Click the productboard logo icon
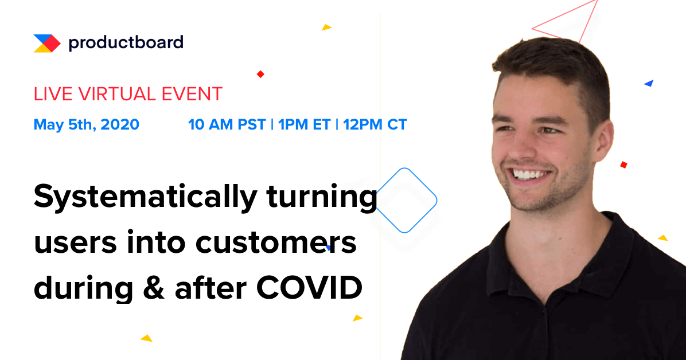46,43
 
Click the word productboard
126,42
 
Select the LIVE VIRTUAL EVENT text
128,94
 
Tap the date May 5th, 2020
86,124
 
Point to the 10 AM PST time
227,124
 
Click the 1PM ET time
303,124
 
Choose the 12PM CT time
375,124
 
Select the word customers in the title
276,243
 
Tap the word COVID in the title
309,288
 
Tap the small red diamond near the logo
260,74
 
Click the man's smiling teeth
531,173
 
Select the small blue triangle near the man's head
649,83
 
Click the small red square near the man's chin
623,165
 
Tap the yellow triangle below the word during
147,338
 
